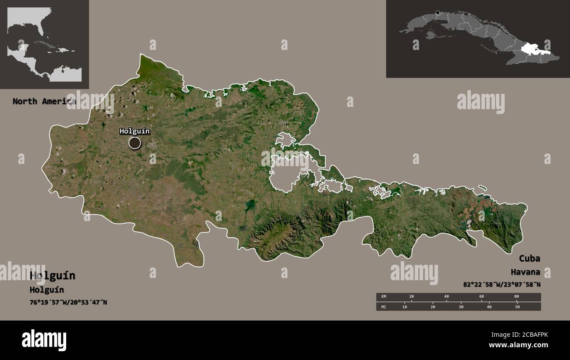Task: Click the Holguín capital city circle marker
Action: click(x=135, y=143)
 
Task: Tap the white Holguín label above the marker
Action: click(x=135, y=131)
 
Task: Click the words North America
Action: click(x=44, y=101)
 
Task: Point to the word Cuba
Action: click(x=530, y=258)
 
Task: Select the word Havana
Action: click(x=525, y=272)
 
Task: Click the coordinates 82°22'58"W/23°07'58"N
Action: click(x=502, y=285)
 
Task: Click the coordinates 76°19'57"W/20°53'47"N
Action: click(x=68, y=302)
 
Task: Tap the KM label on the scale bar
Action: click(x=384, y=297)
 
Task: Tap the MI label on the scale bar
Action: click(x=384, y=307)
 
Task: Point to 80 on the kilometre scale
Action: click(x=517, y=297)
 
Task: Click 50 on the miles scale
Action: click(x=517, y=307)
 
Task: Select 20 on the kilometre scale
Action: click(x=411, y=297)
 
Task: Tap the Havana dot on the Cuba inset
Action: click(x=437, y=13)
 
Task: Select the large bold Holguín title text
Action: click(x=53, y=276)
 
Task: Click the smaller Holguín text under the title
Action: click(x=47, y=290)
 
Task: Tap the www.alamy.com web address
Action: click(x=518, y=345)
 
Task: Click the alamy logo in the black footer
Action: click(x=44, y=340)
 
